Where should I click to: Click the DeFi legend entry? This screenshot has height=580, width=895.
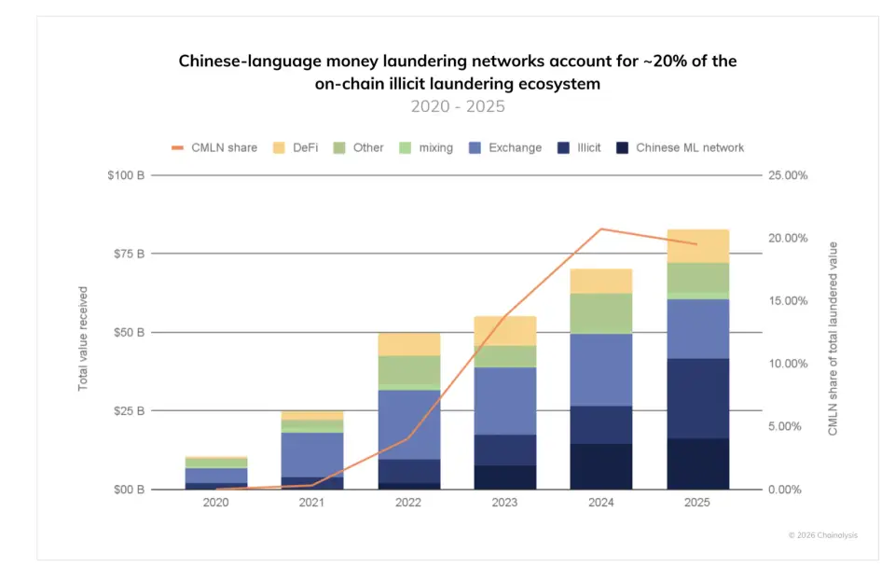[296, 147]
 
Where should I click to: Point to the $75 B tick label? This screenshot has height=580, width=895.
[125, 254]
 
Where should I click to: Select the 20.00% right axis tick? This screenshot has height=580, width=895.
[787, 238]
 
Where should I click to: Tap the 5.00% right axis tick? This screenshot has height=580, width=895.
[789, 426]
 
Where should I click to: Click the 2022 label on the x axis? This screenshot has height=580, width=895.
[407, 503]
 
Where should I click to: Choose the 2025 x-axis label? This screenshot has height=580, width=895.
[696, 503]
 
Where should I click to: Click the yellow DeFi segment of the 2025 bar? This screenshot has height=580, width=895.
[697, 246]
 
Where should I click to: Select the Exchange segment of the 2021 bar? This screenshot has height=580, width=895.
[311, 454]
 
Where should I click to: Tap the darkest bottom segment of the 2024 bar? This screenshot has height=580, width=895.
[601, 466]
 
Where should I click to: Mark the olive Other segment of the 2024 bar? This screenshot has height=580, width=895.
[601, 313]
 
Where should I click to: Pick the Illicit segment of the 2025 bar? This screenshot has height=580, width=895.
[697, 398]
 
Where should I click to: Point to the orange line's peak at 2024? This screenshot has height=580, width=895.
[601, 228]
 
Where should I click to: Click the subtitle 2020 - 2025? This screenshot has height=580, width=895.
[458, 106]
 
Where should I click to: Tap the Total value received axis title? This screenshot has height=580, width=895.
[83, 338]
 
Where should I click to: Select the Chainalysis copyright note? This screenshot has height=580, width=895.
[821, 534]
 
